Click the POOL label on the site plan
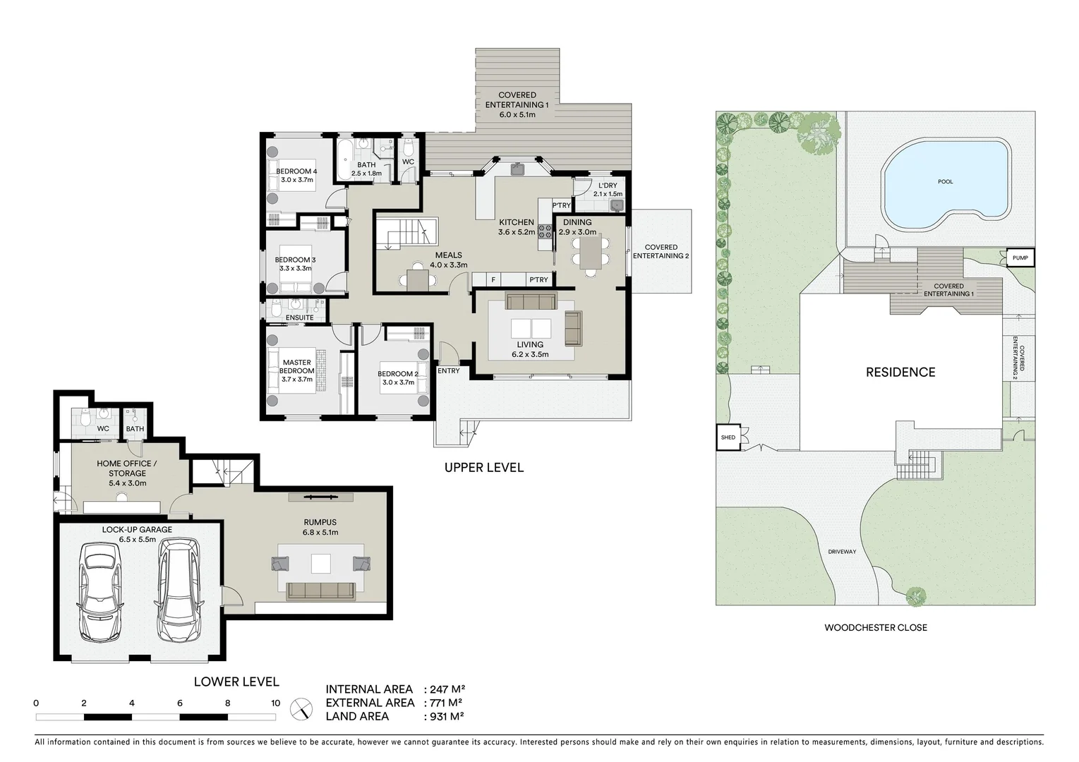pyautogui.click(x=945, y=182)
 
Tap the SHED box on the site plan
pyautogui.click(x=728, y=437)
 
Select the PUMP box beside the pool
pyautogui.click(x=1020, y=258)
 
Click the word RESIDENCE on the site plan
pyautogui.click(x=900, y=373)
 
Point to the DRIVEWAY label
pyautogui.click(x=842, y=552)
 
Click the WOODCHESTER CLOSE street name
pyautogui.click(x=876, y=627)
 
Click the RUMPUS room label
pyautogui.click(x=320, y=523)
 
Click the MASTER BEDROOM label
pyautogui.click(x=296, y=367)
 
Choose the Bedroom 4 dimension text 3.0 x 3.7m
pyautogui.click(x=296, y=181)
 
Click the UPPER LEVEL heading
pyautogui.click(x=483, y=468)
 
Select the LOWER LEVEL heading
pyautogui.click(x=236, y=682)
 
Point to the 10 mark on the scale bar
pyautogui.click(x=275, y=703)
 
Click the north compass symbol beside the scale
pyautogui.click(x=302, y=708)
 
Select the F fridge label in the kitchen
pyautogui.click(x=493, y=280)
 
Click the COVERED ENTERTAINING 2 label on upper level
pyautogui.click(x=661, y=251)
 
